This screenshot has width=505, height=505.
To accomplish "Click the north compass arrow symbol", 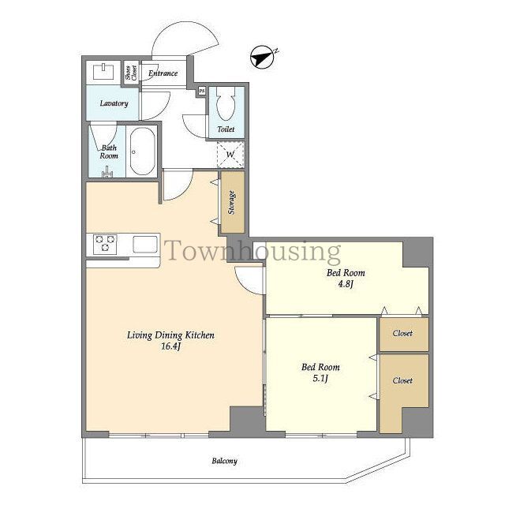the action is (263, 58).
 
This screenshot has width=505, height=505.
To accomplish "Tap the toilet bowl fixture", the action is (226, 103).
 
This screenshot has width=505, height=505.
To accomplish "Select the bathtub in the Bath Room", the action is (142, 151).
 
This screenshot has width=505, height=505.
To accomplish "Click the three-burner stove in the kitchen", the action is (105, 244).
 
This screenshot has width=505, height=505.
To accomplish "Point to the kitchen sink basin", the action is (145, 245).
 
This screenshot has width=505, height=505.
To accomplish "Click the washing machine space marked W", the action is (230, 155).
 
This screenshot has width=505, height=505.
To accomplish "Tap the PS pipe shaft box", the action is (202, 91).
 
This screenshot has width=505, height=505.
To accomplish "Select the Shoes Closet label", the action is (131, 73).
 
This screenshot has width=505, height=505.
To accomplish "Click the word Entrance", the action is (163, 73).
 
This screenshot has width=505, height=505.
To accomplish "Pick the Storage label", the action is (231, 203).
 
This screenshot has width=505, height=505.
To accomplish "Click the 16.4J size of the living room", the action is (170, 346).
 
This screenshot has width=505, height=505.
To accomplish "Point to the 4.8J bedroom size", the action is (346, 284).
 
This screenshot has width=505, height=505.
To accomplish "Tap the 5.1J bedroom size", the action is (320, 378).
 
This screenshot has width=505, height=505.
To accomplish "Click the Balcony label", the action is (224, 461).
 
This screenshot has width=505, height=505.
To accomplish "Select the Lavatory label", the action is (114, 103).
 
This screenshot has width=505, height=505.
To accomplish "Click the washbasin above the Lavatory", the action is (103, 71).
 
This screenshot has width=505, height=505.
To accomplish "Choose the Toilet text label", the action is (226, 129).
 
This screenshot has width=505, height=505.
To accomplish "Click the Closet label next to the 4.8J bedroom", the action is (402, 333).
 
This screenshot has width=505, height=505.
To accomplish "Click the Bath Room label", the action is (109, 151).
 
